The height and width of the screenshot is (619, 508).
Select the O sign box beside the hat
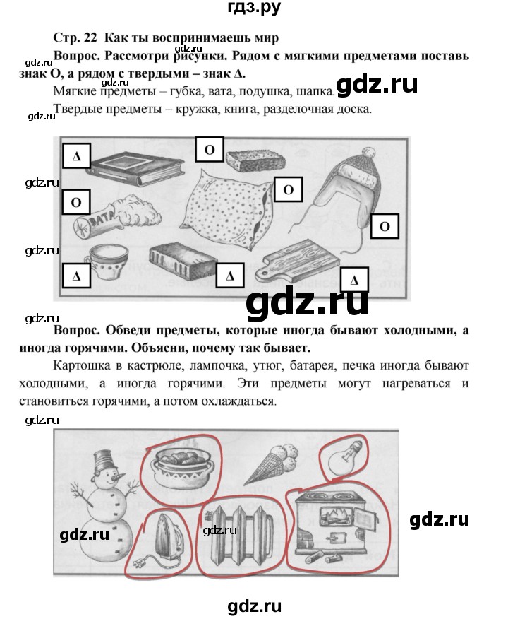tap(385, 227)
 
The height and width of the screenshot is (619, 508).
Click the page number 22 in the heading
tap(84, 38)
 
